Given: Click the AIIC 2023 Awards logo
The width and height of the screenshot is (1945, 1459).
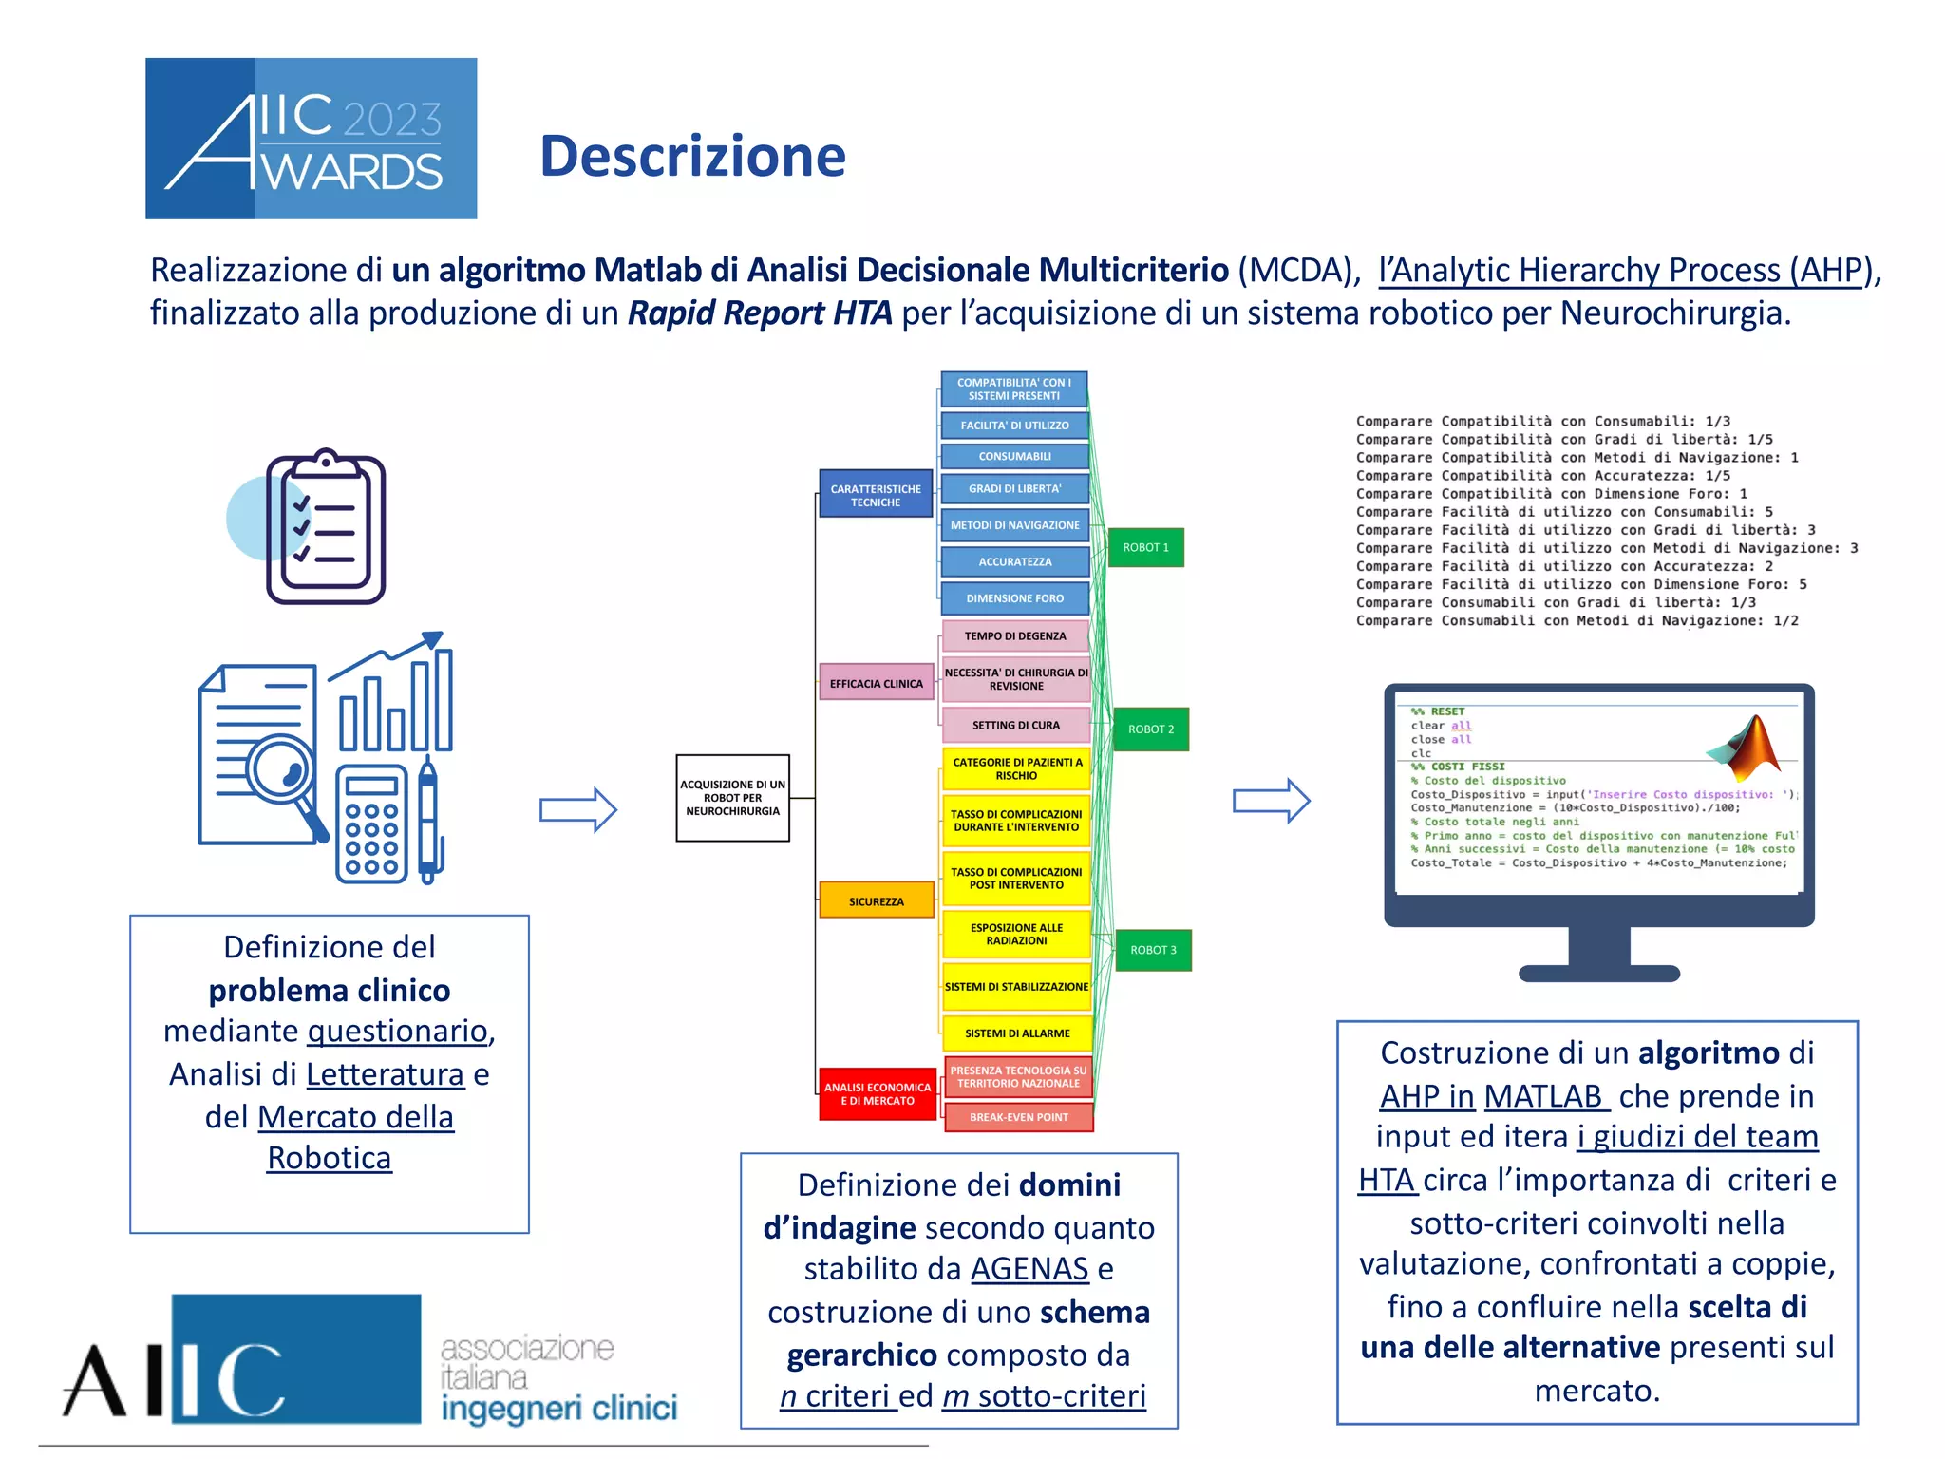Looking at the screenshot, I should coord(311,139).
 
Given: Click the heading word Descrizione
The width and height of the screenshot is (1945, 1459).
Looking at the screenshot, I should coord(692,157).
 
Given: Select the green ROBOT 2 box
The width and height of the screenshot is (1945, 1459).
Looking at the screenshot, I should coord(1150,729).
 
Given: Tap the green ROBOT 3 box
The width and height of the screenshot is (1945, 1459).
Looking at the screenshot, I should coord(1152,950).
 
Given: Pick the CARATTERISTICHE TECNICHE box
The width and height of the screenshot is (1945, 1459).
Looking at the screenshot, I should coord(875,495).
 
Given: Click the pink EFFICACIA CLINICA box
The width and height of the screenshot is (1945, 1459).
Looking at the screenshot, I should coord(876,683).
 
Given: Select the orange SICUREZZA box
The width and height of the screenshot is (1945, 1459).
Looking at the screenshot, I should coord(876,900).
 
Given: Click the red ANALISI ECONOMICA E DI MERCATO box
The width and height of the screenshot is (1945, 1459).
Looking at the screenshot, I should coord(877,1094).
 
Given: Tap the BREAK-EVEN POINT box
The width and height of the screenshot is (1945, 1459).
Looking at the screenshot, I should coord(1018,1117).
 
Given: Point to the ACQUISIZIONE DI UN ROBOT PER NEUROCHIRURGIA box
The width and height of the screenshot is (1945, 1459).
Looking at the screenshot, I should coord(732,798).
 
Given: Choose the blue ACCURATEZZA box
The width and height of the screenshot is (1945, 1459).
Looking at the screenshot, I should coord(1014,561).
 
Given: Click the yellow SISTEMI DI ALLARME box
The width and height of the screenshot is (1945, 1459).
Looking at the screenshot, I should coord(1016,1033).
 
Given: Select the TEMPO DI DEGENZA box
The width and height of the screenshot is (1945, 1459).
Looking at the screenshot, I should coord(1014,635).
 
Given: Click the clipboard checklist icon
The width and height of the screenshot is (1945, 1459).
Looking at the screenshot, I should coord(325,528).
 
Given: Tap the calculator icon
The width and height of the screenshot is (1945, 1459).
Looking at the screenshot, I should coord(371,824).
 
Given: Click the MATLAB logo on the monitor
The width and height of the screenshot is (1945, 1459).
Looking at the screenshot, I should coord(1747,747).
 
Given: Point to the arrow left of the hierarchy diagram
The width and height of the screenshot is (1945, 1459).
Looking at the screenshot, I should coord(577,809).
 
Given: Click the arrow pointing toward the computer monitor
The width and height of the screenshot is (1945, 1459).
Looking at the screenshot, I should coord(1270,801).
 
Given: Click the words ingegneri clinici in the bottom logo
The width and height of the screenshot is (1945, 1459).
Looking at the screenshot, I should coord(558,1408).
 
